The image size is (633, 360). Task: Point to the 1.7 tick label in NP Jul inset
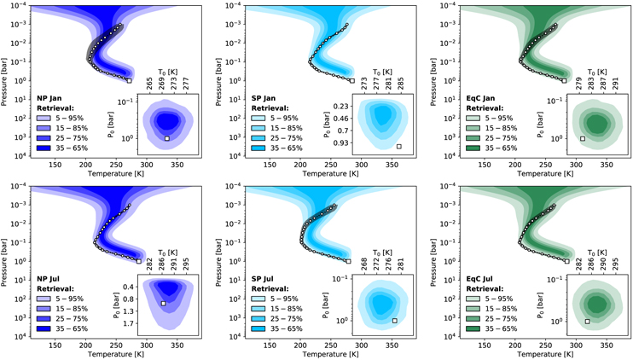pyautogui.click(x=128, y=325)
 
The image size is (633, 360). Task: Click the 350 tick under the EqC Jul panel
pyautogui.click(x=606, y=345)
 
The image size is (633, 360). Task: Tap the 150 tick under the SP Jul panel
pyautogui.click(x=268, y=345)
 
